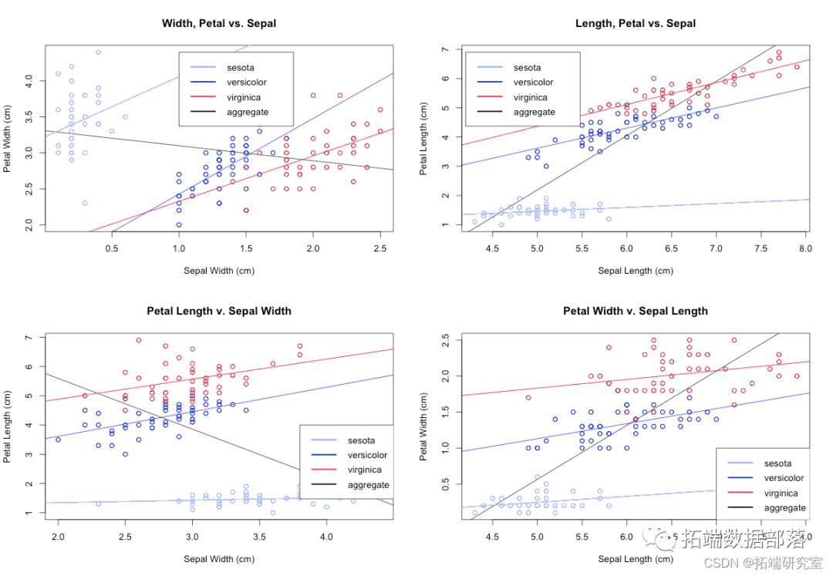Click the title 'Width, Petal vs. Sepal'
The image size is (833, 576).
(219, 23)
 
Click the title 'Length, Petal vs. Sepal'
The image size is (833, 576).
(636, 23)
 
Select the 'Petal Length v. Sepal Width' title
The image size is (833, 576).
(219, 311)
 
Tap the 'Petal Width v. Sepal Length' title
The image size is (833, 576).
(636, 311)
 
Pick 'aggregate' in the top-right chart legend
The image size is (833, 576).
(535, 112)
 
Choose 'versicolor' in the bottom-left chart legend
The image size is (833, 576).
(367, 455)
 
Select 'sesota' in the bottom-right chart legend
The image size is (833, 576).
(777, 463)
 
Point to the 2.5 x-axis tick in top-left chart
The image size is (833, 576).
(380, 248)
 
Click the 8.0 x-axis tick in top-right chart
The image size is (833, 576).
(805, 248)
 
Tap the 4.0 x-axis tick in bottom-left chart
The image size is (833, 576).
(326, 536)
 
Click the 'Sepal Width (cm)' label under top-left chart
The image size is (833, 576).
(219, 271)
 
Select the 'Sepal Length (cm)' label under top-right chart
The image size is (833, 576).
(636, 271)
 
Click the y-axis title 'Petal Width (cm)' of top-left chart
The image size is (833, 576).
(8, 138)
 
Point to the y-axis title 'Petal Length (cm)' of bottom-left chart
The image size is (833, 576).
(8, 426)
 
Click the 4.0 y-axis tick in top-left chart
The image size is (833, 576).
(29, 79)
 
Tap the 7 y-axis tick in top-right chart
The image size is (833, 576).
(446, 49)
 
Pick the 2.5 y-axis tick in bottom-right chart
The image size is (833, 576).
(446, 340)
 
